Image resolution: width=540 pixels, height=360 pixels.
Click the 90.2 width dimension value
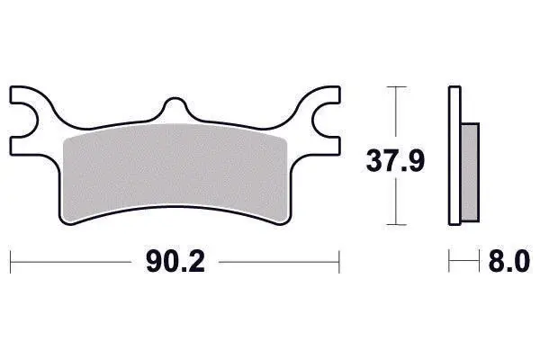point(175,262)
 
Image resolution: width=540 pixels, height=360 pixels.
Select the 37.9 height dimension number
point(395,160)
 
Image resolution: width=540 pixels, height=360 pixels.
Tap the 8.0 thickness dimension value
point(509,262)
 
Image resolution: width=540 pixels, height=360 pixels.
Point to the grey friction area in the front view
point(175,172)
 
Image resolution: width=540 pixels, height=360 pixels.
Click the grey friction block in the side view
point(470,172)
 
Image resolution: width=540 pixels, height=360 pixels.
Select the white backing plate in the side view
point(454,156)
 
